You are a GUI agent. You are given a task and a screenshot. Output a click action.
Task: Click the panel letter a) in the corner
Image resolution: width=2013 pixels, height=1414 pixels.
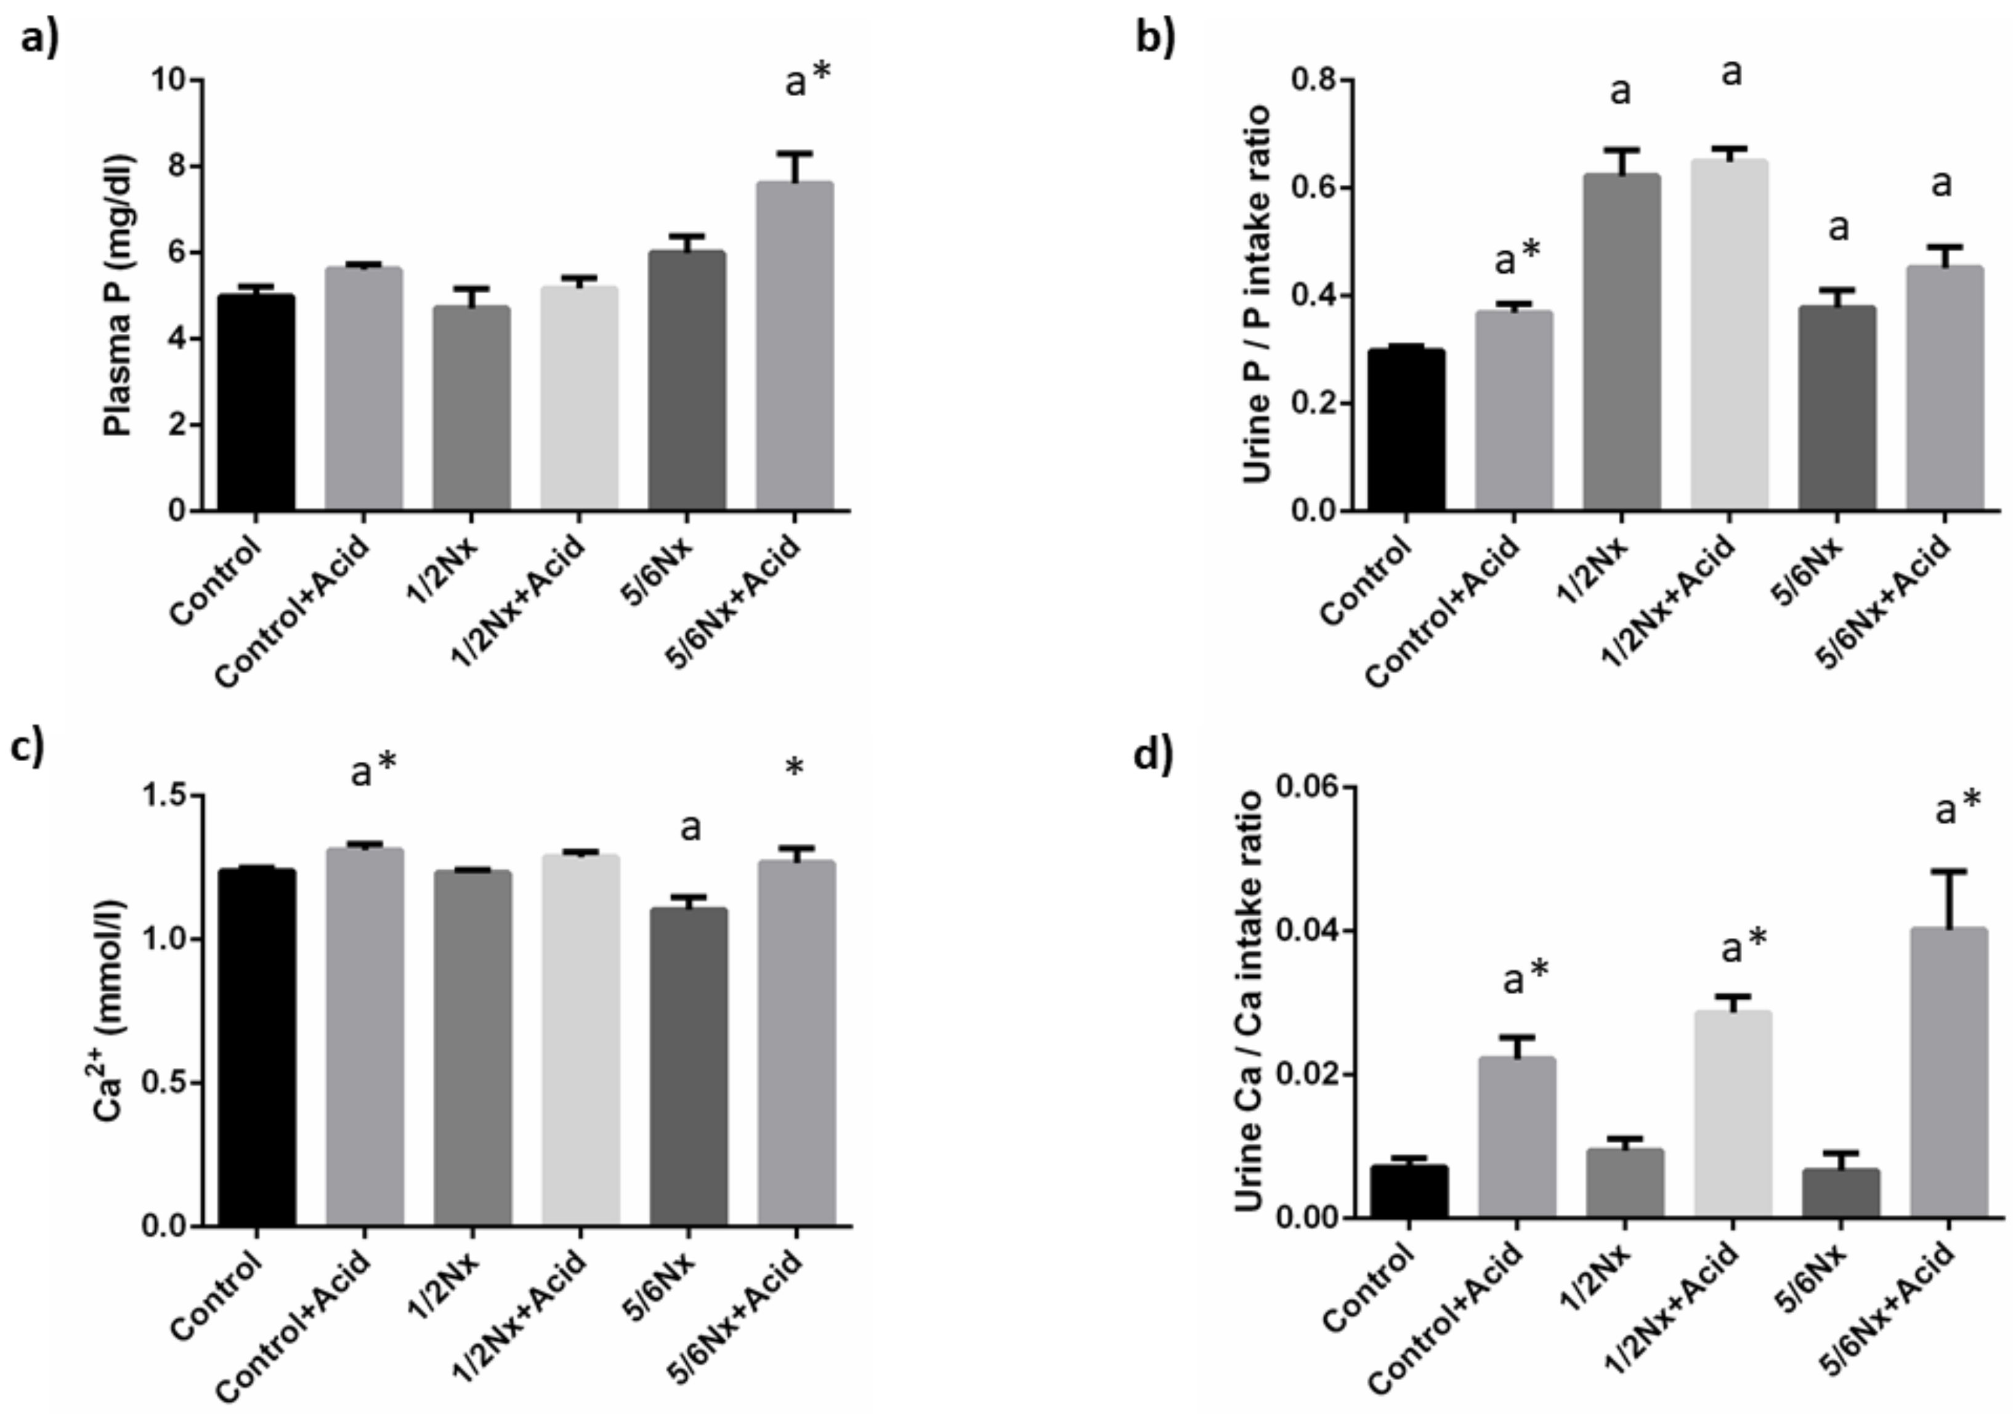pos(39,39)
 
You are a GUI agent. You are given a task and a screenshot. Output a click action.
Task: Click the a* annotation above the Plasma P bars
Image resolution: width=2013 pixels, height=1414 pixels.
pos(806,81)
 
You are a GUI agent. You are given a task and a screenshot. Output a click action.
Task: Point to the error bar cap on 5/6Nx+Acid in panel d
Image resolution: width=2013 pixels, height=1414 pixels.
pos(1948,871)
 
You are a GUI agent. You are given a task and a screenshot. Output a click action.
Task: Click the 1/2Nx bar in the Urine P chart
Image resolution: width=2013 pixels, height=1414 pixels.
pos(1621,342)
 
